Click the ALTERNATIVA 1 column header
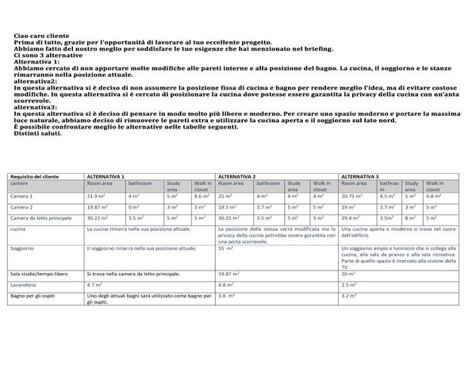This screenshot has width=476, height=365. tap(106, 176)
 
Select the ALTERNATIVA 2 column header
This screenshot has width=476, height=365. tap(236, 176)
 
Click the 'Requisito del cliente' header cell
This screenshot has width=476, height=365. tap(31, 176)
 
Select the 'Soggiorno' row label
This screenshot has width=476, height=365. tap(21, 248)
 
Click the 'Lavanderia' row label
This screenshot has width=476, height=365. tap(23, 283)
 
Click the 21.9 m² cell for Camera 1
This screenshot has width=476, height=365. tap(96, 196)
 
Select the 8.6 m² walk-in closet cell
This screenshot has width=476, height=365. tap(202, 196)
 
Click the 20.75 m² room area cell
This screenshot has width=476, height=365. tap(351, 196)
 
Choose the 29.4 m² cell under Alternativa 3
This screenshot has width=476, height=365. tap(349, 217)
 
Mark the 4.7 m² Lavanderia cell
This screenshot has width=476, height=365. tap(94, 283)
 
